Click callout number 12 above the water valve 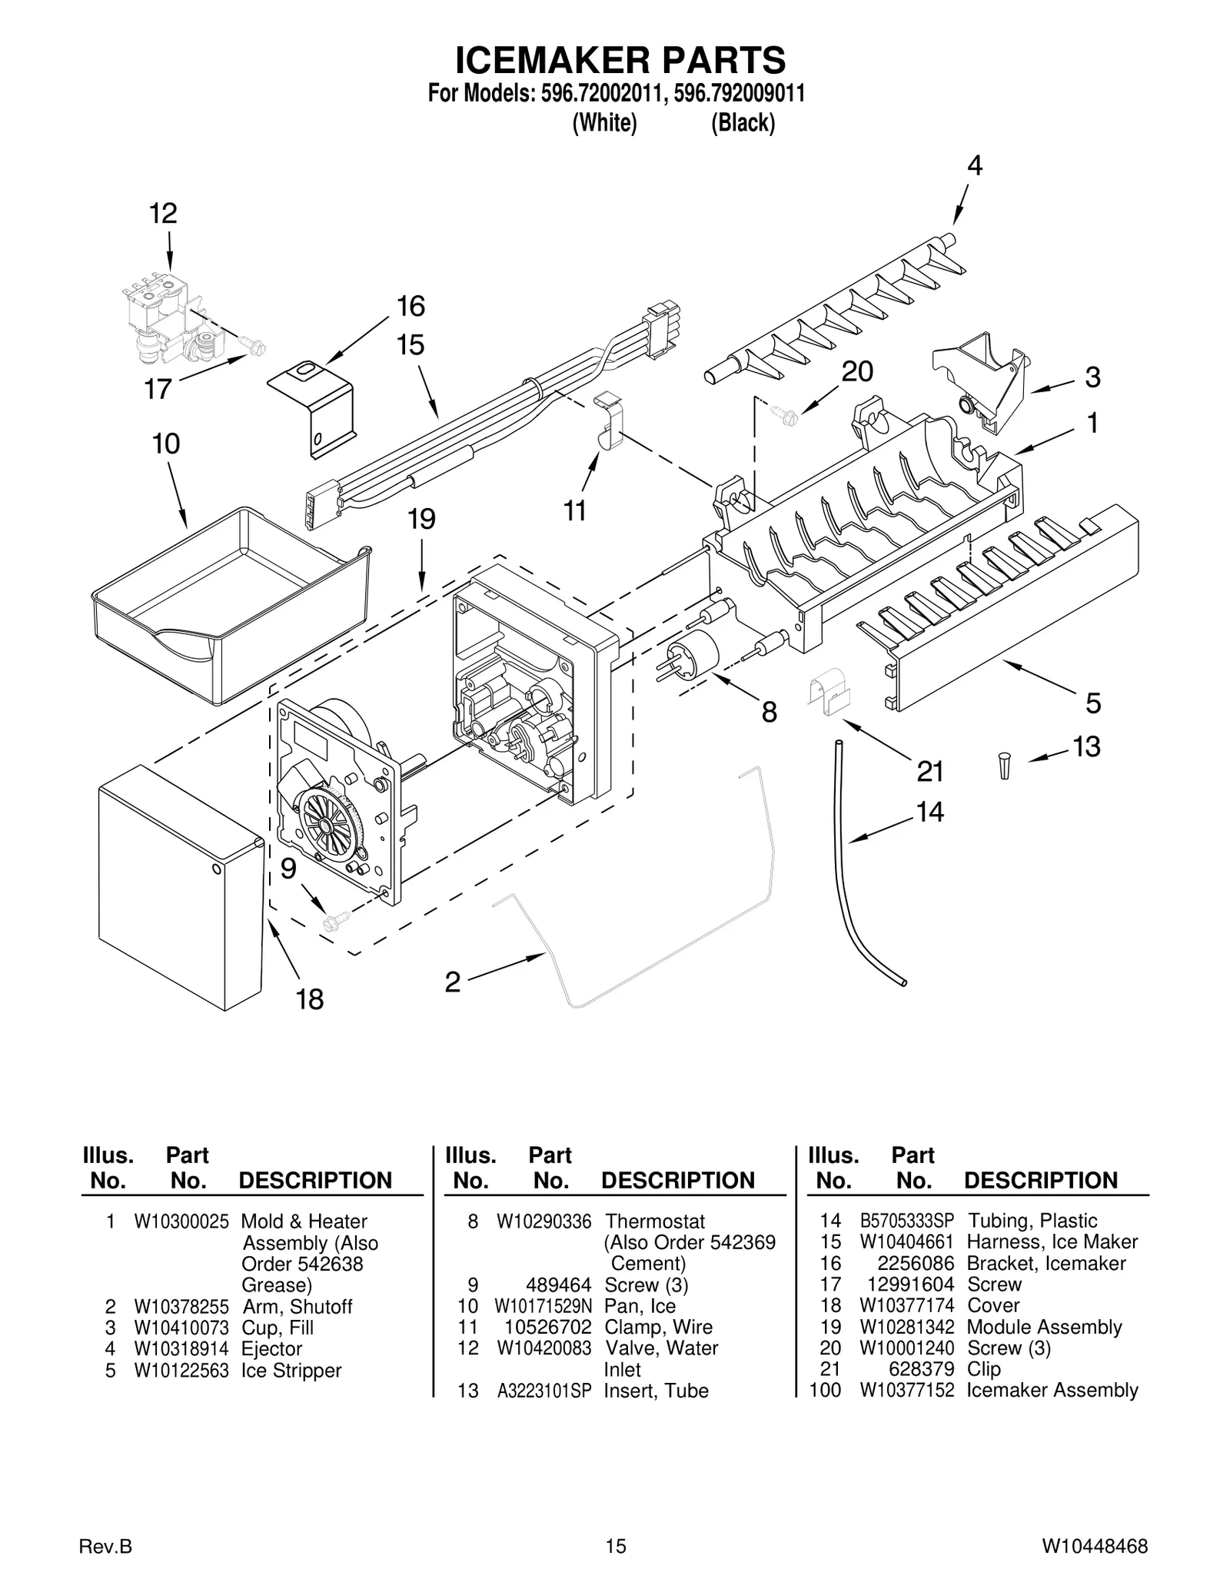click(163, 213)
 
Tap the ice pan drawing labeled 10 click(231, 607)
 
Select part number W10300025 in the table click(181, 1221)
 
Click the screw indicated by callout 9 click(336, 919)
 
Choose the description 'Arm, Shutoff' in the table click(297, 1307)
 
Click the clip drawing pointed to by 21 click(828, 690)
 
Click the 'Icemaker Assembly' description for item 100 click(1052, 1390)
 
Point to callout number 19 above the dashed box click(421, 519)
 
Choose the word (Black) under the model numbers click(743, 123)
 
